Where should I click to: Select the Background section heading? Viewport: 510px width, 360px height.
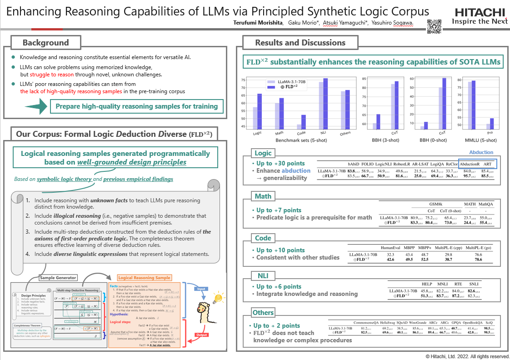(45, 43)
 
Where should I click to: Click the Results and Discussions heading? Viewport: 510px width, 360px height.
(300, 43)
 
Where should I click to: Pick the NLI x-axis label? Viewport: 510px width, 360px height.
(324, 134)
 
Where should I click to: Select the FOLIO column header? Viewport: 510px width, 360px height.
(367, 164)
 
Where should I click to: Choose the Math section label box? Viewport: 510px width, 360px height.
(263, 196)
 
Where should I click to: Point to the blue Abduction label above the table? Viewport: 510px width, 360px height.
(481, 153)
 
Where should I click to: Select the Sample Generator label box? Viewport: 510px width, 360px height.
(58, 278)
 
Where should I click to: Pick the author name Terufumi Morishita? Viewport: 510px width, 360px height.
(252, 24)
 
